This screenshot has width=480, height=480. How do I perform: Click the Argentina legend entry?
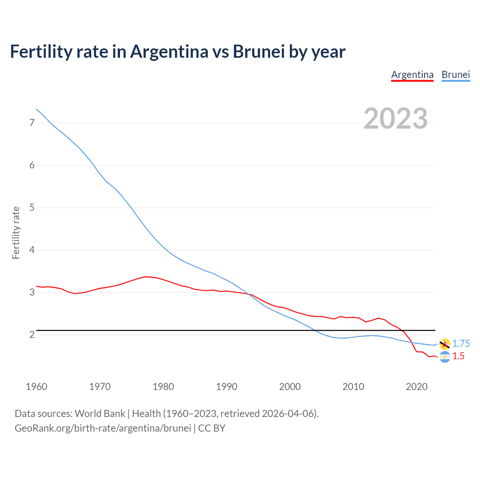pos(412,75)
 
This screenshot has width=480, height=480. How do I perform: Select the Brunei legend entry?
pos(456,75)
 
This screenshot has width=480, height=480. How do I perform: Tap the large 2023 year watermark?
pos(396,118)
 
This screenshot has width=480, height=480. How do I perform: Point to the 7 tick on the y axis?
pos(32,123)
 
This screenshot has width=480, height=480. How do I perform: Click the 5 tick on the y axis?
pos(32,207)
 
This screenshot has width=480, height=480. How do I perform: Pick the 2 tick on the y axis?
pos(32,334)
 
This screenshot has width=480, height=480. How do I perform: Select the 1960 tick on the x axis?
pos(36,387)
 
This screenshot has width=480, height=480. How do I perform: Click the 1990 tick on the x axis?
pos(226,387)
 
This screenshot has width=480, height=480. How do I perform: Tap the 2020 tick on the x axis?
pos(417,387)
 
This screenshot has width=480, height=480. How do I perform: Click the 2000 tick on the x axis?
pos(290,387)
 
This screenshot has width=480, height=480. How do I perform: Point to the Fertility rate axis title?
pos(16,232)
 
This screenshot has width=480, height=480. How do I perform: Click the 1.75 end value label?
pos(461,343)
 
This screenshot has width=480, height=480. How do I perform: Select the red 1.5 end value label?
pos(458,356)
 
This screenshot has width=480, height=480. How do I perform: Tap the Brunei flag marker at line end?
pos(445,344)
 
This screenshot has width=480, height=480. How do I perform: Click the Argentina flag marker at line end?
pos(445,357)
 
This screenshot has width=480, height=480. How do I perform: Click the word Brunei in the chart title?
pos(259,51)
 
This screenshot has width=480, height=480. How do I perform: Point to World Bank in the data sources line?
pos(100,414)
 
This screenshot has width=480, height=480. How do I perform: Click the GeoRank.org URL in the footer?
pos(103,428)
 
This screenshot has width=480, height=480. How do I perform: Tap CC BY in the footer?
pos(212,428)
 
